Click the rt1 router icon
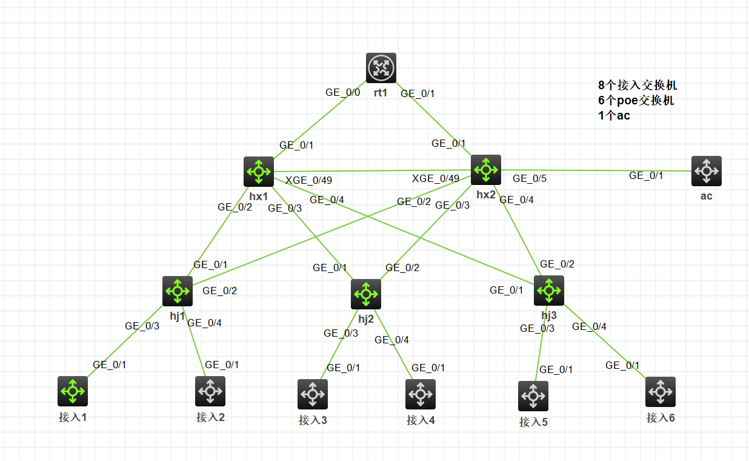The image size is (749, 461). (x=381, y=67)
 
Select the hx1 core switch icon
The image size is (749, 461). (x=259, y=172)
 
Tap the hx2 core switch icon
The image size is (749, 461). (x=486, y=169)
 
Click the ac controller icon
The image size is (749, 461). (x=706, y=171)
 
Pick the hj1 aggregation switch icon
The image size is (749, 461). (x=178, y=291)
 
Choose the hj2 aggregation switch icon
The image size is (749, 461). (x=366, y=294)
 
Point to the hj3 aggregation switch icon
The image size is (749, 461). (x=549, y=291)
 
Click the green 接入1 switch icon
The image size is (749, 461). (x=73, y=391)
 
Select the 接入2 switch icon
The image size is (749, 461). (x=210, y=391)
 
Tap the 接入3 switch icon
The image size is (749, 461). (x=313, y=394)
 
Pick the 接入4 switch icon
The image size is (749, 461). (x=421, y=394)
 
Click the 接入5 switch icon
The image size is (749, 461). (x=533, y=396)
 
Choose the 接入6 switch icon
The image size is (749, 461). (x=661, y=392)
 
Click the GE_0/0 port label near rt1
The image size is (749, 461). (x=342, y=92)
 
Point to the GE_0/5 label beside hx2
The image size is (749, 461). (x=530, y=178)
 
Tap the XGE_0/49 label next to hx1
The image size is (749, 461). (x=308, y=180)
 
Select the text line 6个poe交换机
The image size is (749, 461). (x=636, y=100)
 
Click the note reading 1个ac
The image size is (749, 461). (x=613, y=115)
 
